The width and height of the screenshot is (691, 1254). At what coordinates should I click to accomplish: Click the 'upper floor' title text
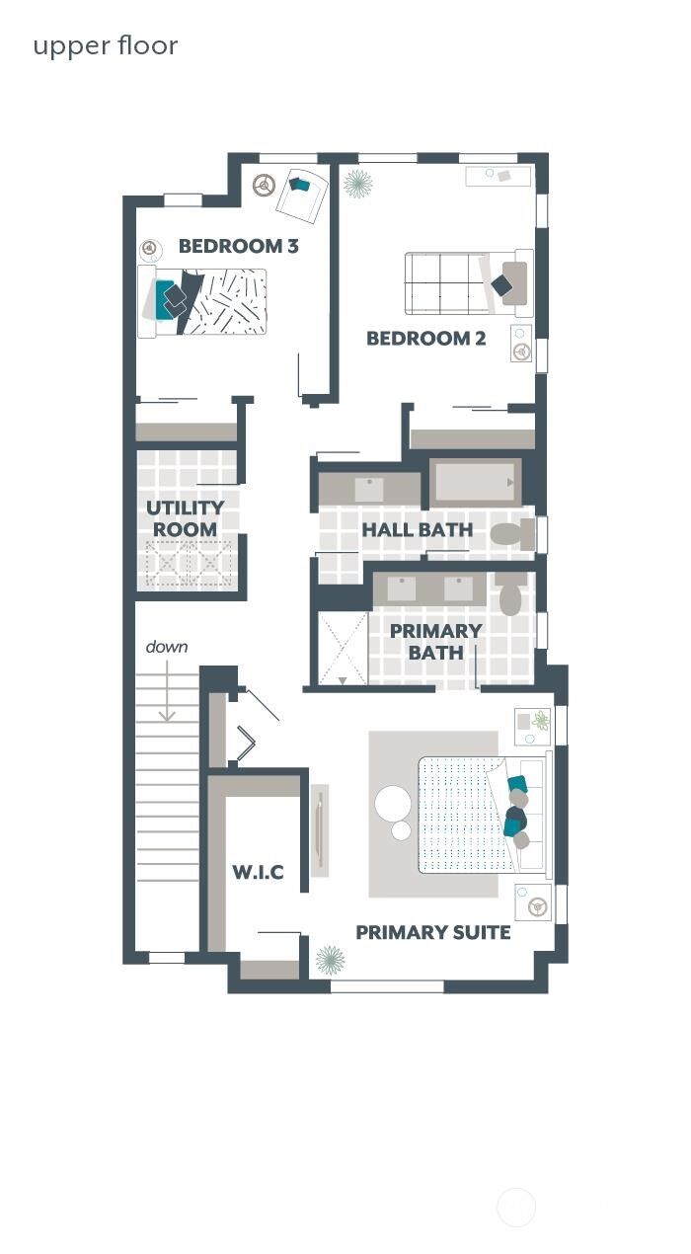[x=106, y=46]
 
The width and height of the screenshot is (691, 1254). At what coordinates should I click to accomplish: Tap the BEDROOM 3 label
[x=238, y=246]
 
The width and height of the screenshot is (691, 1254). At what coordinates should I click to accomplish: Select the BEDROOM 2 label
[x=425, y=339]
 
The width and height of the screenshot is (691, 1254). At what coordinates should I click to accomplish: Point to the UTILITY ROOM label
[x=186, y=518]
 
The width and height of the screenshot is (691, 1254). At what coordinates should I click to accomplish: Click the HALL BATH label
[x=417, y=530]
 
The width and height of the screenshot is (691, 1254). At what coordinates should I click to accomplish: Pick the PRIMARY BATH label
[x=435, y=641]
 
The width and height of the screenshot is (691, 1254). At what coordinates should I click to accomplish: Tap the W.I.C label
[x=258, y=872]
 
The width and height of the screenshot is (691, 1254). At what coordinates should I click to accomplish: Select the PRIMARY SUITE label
[x=432, y=932]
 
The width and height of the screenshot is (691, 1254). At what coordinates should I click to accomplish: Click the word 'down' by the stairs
[x=167, y=647]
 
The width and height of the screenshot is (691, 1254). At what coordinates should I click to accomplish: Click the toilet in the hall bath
[x=511, y=534]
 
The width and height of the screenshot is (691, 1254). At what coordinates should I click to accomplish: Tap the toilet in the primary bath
[x=510, y=595]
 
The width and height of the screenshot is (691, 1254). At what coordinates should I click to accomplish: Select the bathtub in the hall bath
[x=475, y=483]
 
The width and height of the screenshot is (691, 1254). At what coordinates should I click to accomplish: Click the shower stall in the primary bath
[x=343, y=649]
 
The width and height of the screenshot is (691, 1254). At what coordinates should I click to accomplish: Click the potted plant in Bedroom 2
[x=357, y=184]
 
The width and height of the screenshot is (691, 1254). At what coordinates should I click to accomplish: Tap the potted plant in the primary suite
[x=329, y=959]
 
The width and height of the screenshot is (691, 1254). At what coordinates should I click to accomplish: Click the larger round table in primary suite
[x=393, y=803]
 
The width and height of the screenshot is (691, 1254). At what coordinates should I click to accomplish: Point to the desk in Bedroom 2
[x=498, y=176]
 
